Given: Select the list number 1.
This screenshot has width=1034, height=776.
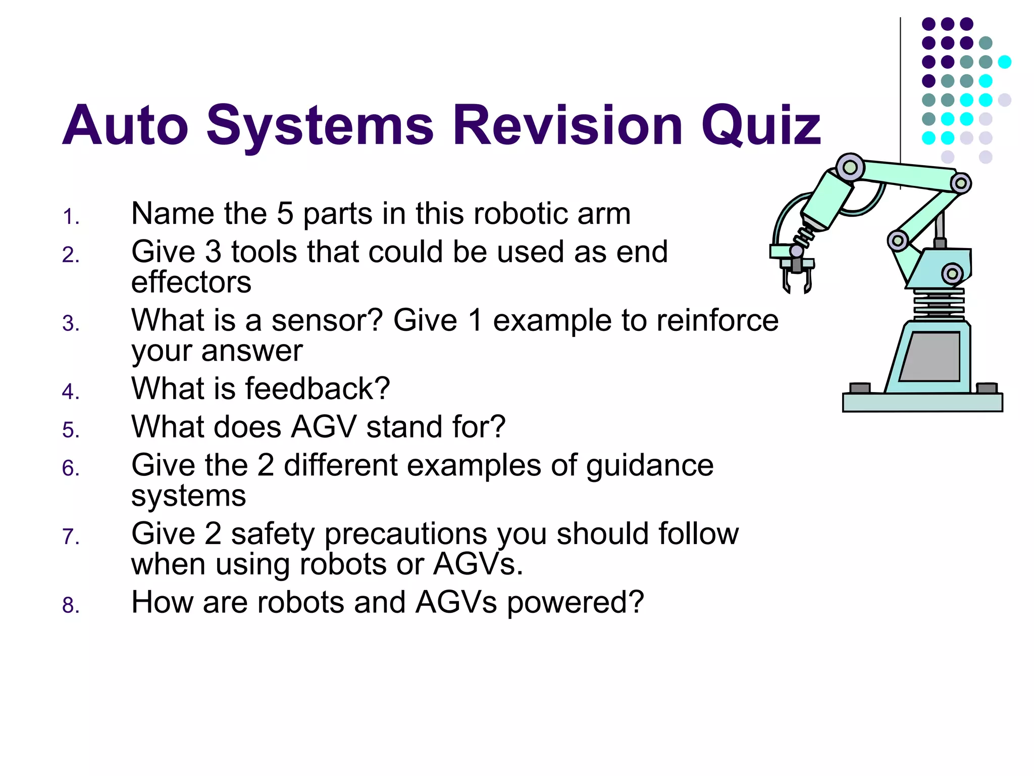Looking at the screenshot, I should [x=71, y=217].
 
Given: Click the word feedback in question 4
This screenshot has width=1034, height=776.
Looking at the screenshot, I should [x=317, y=389].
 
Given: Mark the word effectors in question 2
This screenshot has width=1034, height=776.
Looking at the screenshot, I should [x=191, y=282].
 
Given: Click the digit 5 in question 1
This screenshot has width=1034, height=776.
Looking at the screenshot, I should [x=285, y=214].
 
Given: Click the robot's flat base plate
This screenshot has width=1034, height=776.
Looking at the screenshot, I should [x=922, y=403].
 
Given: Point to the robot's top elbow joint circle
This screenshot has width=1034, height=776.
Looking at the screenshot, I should [x=850, y=167].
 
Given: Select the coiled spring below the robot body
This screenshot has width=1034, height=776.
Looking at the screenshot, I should [x=938, y=303].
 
